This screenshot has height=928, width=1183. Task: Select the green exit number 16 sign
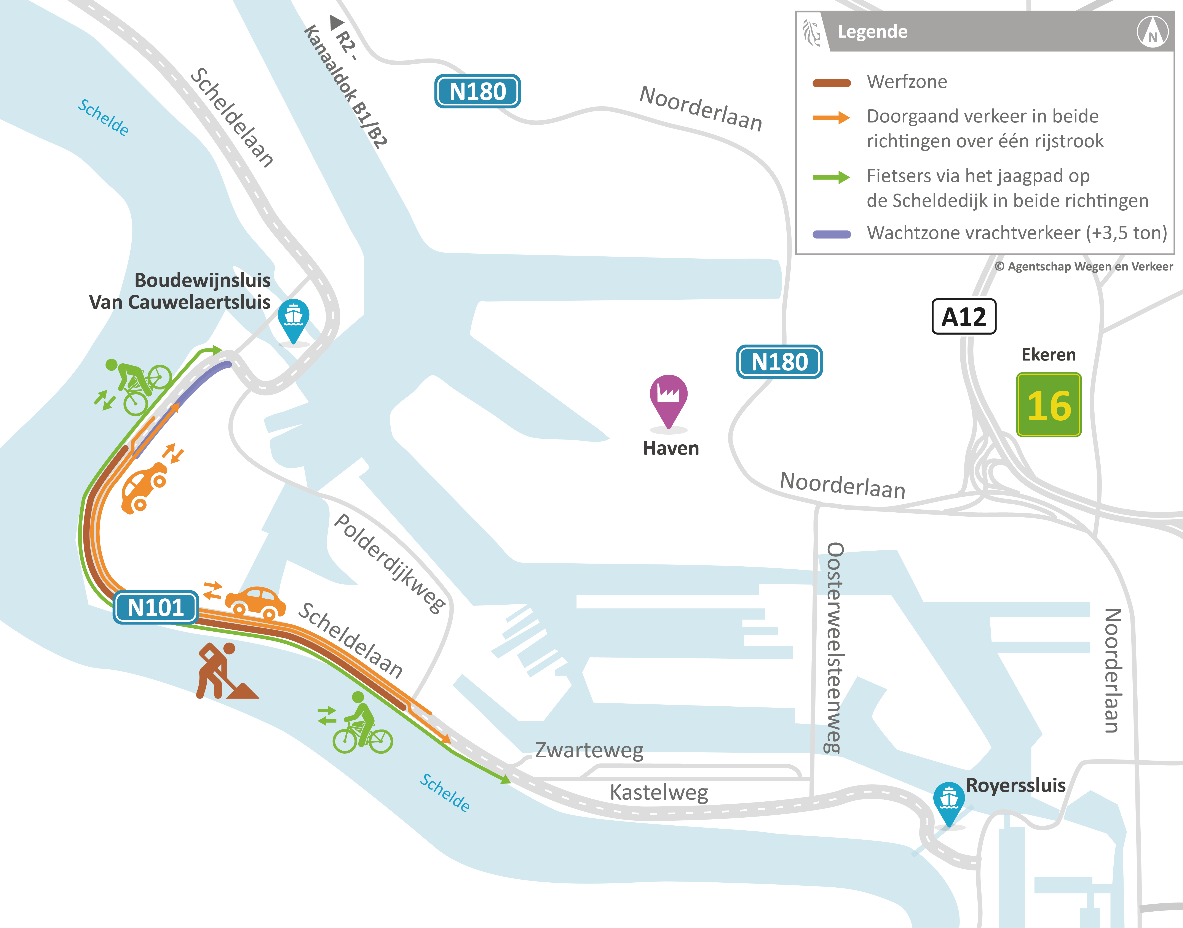click(x=1049, y=405)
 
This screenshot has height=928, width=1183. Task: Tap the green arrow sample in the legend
click(x=831, y=177)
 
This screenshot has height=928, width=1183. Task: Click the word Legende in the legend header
click(x=872, y=32)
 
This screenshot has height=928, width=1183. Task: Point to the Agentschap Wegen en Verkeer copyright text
click(x=1084, y=266)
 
